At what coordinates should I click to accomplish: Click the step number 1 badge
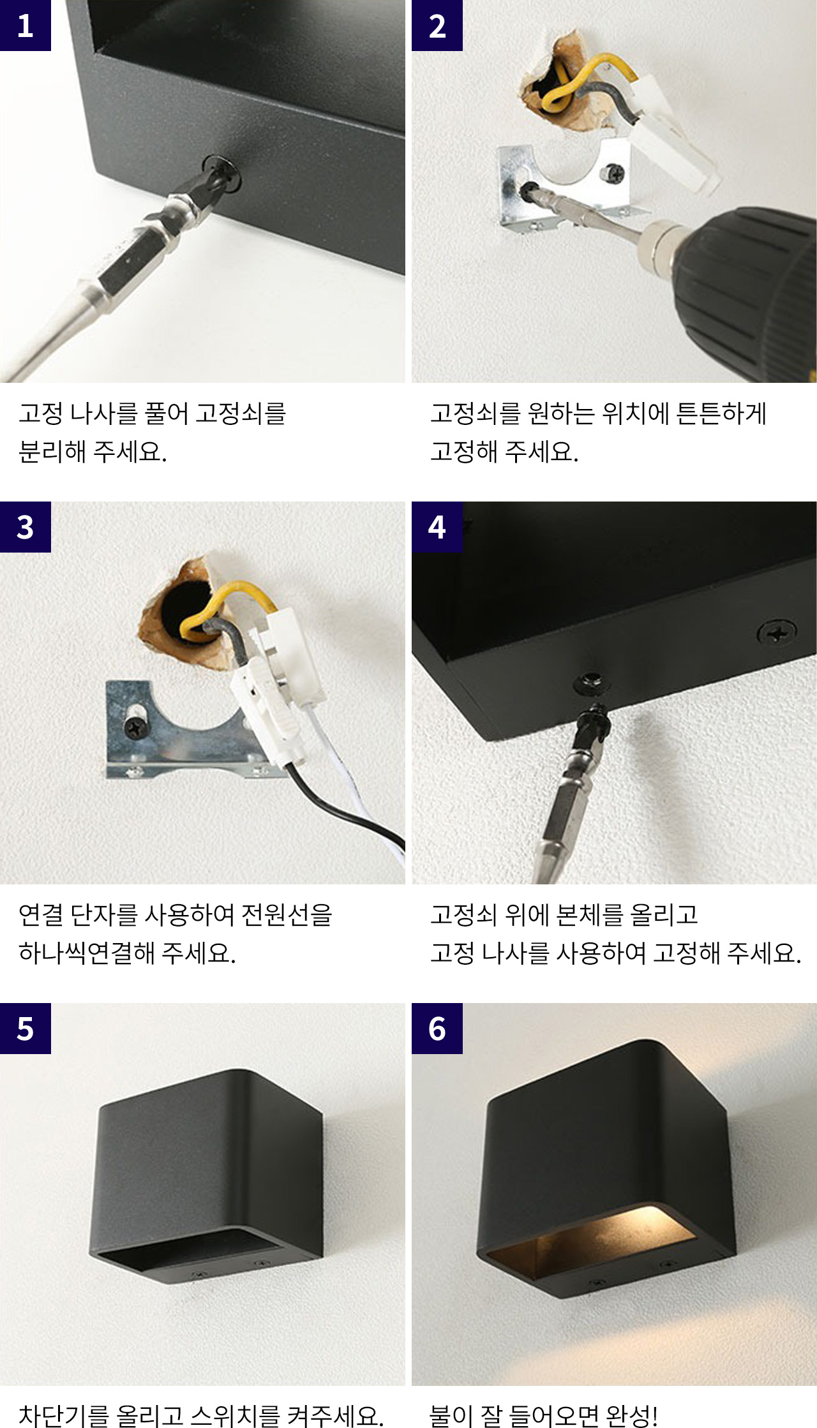pyautogui.click(x=26, y=26)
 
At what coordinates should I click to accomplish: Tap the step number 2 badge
pyautogui.click(x=437, y=26)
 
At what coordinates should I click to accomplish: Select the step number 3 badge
pyautogui.click(x=26, y=527)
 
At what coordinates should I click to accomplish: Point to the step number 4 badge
pyautogui.click(x=437, y=527)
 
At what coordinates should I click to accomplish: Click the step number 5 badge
pyautogui.click(x=26, y=1029)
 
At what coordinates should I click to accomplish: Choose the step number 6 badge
pyautogui.click(x=437, y=1029)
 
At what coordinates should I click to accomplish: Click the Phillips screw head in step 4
pyautogui.click(x=777, y=634)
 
